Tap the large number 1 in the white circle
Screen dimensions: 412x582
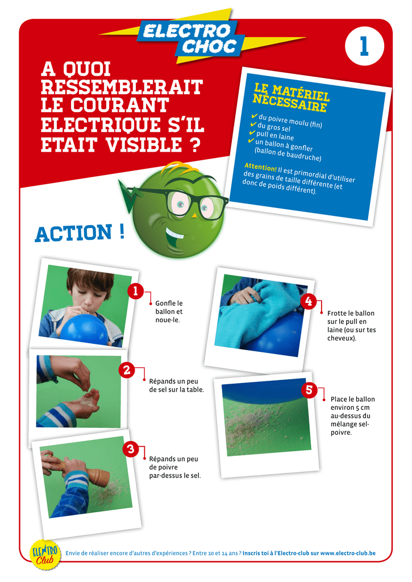pyautogui.click(x=364, y=47)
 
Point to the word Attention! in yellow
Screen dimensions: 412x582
pyautogui.click(x=261, y=167)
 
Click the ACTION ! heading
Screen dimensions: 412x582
pyautogui.click(x=80, y=233)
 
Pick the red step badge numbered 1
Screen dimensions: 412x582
pyautogui.click(x=135, y=291)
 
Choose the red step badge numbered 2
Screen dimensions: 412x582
pyautogui.click(x=127, y=370)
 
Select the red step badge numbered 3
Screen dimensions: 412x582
pyautogui.click(x=131, y=449)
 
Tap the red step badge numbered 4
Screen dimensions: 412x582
pyautogui.click(x=309, y=301)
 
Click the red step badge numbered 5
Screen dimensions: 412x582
pyautogui.click(x=309, y=389)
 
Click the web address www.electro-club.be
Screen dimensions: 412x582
pyautogui.click(x=348, y=553)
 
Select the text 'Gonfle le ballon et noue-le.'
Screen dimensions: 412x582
pyautogui.click(x=169, y=312)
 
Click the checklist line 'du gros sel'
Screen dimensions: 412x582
pyautogui.click(x=273, y=127)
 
